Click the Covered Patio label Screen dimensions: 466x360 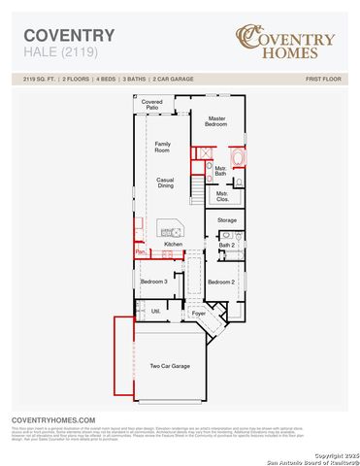(151, 104)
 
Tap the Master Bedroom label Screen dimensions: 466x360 (215, 121)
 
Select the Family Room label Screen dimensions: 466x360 (164, 147)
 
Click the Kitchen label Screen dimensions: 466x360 (174, 244)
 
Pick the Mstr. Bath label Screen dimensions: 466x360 (221, 171)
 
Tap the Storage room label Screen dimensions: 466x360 (226, 221)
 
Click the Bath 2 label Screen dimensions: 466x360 (226, 245)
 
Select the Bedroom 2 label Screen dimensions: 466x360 (220, 282)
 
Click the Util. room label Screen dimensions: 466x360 (155, 311)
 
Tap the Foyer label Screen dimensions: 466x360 (199, 315)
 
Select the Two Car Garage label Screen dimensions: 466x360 (169, 366)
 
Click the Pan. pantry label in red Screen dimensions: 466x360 (140, 252)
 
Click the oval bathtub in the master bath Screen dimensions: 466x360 (239, 158)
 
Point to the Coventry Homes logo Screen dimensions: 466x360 (285, 41)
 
